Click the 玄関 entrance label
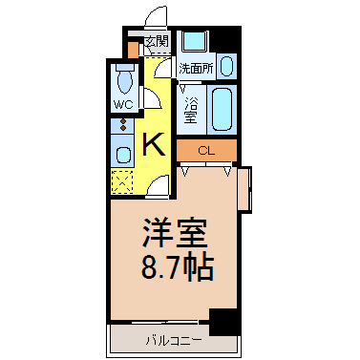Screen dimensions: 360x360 pos(157,42)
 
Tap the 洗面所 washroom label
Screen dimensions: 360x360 pos(196,69)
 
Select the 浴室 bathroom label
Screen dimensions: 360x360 pos(191,110)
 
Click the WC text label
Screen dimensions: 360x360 pos(123,105)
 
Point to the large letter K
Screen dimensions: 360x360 pos(154,144)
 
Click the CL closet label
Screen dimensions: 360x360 pos(206,151)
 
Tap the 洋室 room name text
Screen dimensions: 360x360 pos(175,233)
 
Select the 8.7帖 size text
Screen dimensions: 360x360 pos(177,266)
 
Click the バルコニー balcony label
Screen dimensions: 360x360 pos(174,341)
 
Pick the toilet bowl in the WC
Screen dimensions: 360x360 pos(125,80)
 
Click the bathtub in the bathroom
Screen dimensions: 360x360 pos(222,109)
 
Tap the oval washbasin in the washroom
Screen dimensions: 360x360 pos(226,66)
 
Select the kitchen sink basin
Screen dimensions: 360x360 pos(123,155)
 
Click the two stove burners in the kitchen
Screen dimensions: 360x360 pos(123,124)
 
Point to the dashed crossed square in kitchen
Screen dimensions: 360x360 pos(122,181)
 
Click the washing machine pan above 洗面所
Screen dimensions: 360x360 pos(195,40)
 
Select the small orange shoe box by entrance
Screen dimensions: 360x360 pos(133,50)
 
